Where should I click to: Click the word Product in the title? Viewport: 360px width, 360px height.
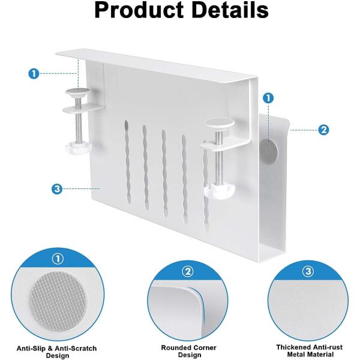coord(139,10)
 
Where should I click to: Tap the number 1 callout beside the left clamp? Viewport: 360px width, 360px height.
coord(34,74)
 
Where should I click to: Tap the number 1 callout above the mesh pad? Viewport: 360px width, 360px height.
coord(268,98)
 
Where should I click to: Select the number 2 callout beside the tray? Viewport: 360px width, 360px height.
coord(323,130)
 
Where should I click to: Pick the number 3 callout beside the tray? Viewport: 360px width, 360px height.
coord(57,189)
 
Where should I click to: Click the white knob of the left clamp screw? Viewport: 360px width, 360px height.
coord(79,149)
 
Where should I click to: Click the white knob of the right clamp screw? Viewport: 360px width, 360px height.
coord(220,191)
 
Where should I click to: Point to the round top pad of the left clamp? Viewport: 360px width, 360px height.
coord(78,92)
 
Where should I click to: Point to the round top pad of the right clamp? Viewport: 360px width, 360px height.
coord(220,124)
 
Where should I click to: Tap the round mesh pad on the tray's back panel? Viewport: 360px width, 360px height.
coord(268,151)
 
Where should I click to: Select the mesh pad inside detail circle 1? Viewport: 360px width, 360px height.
coord(58,301)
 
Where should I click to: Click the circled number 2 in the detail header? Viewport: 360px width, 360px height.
coord(188,272)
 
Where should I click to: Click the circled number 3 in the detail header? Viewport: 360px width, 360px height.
coord(308,271)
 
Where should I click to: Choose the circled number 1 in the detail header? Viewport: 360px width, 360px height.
coord(58,259)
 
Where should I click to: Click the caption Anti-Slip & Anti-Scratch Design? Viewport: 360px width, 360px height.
coord(57,352)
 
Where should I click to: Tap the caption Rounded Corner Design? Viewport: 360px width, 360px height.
coord(189,351)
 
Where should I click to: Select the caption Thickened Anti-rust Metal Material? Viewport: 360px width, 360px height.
coord(309,350)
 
